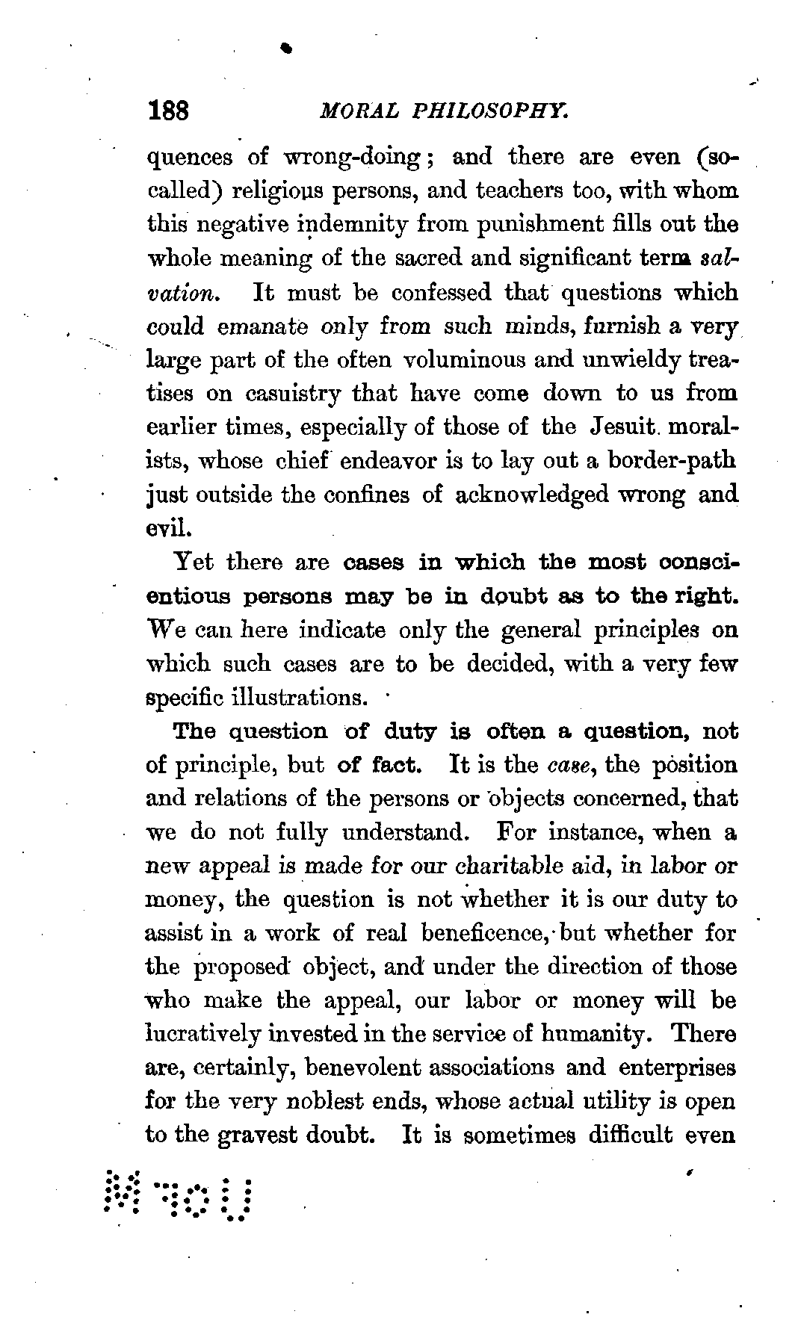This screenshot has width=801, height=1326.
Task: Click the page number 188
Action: pyautogui.click(x=170, y=112)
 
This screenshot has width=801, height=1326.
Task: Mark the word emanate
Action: pyautogui.click(x=263, y=326)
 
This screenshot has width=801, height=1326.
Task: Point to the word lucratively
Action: pyautogui.click(x=202, y=1035)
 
